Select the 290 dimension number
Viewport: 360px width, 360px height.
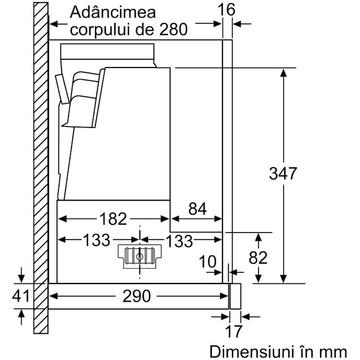pyautogui.click(x=137, y=296)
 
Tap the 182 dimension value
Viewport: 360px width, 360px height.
pyautogui.click(x=113, y=219)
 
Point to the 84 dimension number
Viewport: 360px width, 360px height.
pyautogui.click(x=197, y=209)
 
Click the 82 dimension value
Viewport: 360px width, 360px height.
pyautogui.click(x=258, y=257)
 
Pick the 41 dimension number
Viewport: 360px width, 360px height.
pyautogui.click(x=21, y=296)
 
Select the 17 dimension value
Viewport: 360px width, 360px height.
pyautogui.click(x=232, y=332)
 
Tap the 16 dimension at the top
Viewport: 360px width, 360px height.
pyautogui.click(x=227, y=10)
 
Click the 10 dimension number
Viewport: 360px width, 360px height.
pyautogui.click(x=208, y=262)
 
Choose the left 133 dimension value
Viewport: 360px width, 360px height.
pyautogui.click(x=96, y=240)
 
